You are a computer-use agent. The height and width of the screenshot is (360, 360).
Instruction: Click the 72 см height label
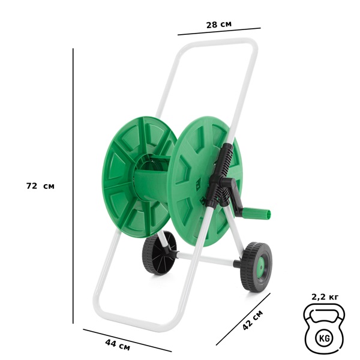(40, 186)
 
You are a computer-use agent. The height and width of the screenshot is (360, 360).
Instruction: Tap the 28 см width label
(219, 25)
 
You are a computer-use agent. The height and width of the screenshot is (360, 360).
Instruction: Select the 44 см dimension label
(118, 345)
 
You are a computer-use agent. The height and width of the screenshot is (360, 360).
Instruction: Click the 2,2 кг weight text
(325, 297)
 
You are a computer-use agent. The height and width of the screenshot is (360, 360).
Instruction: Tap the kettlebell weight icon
(324, 329)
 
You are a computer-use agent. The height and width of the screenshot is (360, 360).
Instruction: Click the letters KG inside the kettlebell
(325, 338)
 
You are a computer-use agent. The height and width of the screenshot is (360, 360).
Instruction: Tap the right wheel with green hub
(256, 266)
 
